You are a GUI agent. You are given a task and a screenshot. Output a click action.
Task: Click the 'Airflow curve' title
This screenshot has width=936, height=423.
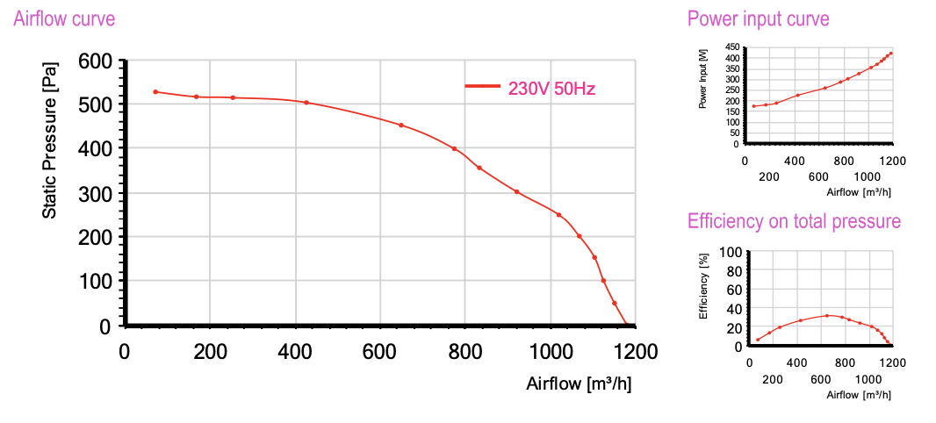pos(64,18)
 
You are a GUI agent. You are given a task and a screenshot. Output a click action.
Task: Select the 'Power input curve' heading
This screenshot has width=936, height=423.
pos(758,18)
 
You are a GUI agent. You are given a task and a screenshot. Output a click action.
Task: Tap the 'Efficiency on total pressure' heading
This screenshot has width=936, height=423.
pos(794,221)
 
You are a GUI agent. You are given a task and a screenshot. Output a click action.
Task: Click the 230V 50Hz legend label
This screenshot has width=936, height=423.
pos(552,88)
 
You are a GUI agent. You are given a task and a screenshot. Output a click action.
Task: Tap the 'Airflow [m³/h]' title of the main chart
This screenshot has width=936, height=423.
pos(579,384)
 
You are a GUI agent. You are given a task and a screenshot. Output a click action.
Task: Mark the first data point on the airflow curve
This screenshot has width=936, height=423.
pos(155,91)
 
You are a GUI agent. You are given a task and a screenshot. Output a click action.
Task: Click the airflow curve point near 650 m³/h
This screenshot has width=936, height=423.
pos(401,125)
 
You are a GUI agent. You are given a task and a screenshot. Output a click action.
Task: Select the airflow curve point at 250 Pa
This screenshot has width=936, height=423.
pos(558,215)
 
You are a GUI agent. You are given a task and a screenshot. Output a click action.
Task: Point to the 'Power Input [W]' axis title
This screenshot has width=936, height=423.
pos(703,79)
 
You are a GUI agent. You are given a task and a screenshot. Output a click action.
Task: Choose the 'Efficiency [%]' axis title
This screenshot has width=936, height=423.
pos(703,286)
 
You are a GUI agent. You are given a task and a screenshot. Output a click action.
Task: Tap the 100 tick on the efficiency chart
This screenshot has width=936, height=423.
pos(731,252)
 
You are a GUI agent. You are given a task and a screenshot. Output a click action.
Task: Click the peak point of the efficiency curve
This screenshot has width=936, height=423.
pos(827,315)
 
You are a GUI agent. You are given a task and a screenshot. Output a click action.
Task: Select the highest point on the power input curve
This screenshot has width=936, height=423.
pos(890,54)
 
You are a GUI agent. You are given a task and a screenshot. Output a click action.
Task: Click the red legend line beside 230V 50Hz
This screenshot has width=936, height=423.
pos(482,86)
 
